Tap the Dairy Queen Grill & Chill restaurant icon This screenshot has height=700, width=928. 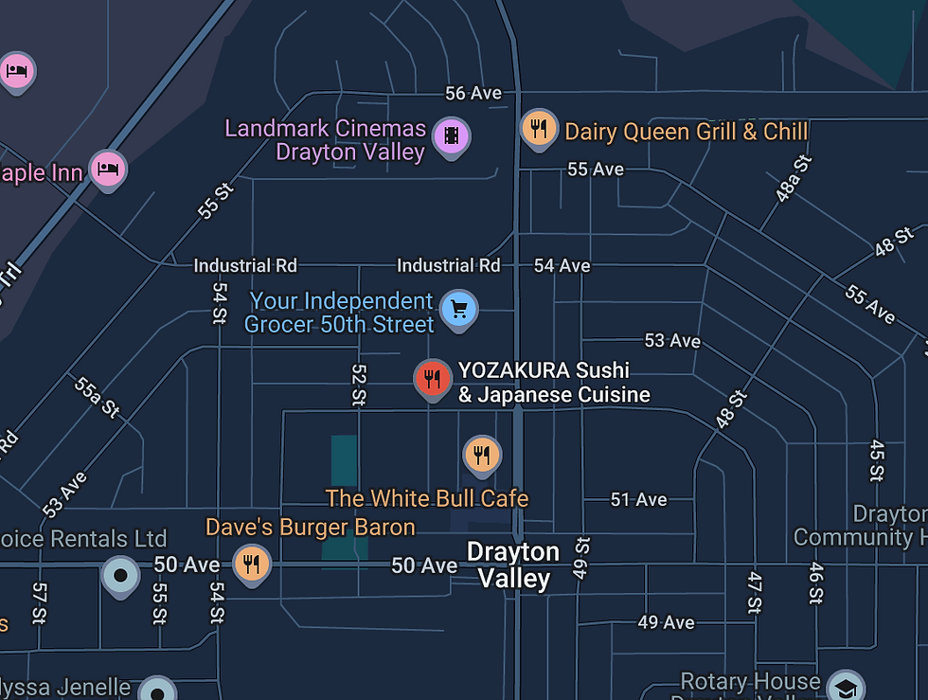pos(538,128)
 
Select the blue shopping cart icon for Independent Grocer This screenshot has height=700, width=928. pos(459,309)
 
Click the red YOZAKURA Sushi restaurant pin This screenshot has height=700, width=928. pos(432,379)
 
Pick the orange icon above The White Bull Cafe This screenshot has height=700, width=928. pos(482,454)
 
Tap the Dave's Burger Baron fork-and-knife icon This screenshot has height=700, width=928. pos(251,565)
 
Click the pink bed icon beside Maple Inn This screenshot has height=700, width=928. pos(108,169)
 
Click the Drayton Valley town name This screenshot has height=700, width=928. pos(513,565)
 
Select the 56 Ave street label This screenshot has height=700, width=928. pos(473,93)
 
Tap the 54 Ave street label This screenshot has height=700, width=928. pos(562,265)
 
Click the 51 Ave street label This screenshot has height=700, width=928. pos(638,499)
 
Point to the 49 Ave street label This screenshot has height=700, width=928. pos(666,622)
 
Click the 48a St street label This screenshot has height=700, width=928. pos(794,179)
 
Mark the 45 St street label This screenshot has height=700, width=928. pos(877,459)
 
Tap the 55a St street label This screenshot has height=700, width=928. pos(97,396)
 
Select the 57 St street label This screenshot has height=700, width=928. pos(39,602)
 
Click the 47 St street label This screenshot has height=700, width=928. pos(755,593)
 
